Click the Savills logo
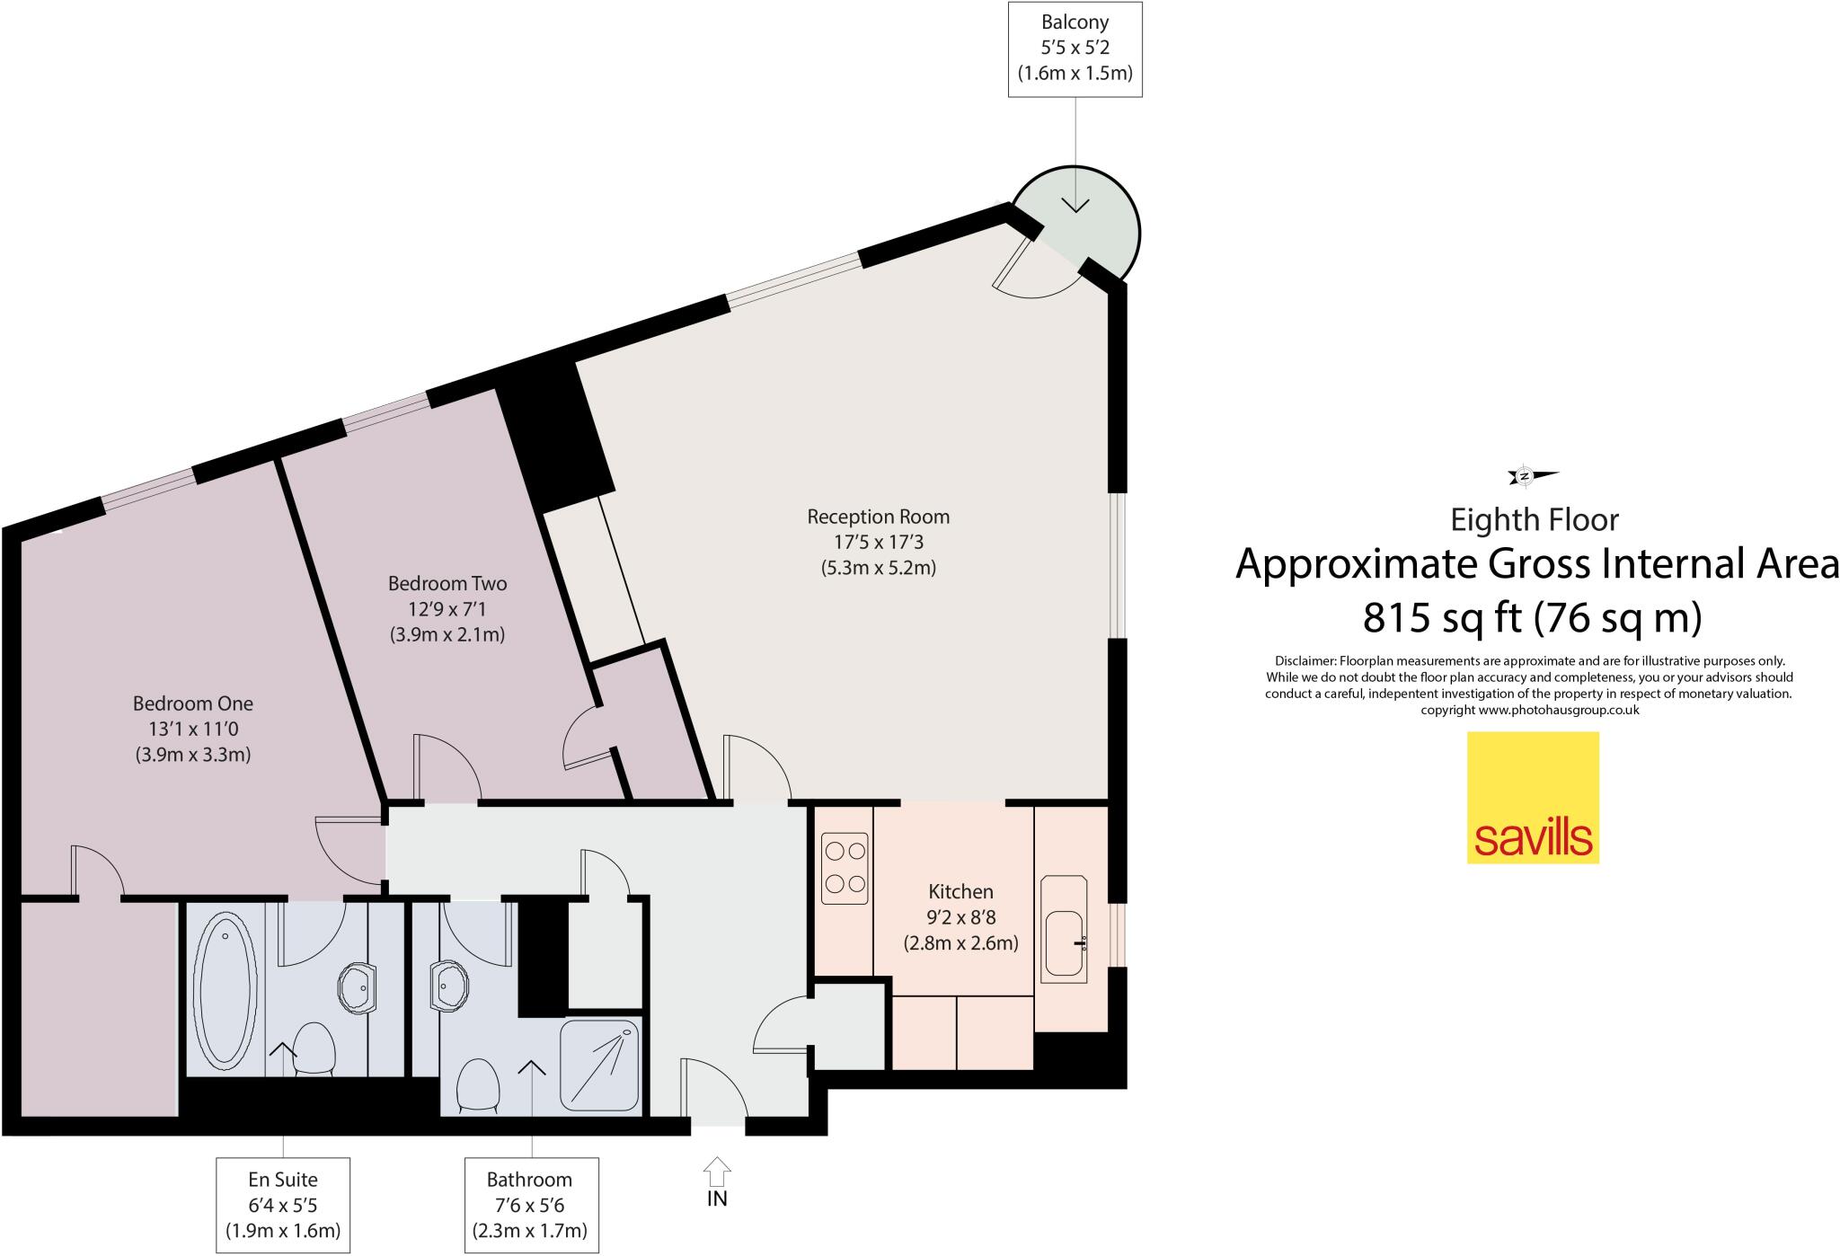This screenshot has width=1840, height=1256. click(1533, 798)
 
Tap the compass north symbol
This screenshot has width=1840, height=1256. click(1526, 475)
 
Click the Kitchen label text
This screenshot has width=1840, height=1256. click(960, 891)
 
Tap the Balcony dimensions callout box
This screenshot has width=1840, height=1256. click(1075, 49)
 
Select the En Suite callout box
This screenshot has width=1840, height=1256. click(283, 1205)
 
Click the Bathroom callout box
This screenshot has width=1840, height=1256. click(530, 1205)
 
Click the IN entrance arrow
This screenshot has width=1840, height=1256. click(717, 1172)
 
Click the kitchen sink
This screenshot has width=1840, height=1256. click(1065, 942)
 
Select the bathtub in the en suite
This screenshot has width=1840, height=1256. click(225, 987)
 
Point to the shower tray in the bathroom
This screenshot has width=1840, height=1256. click(599, 1065)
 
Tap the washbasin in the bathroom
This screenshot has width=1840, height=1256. click(447, 986)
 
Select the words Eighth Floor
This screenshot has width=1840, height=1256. click(1535, 520)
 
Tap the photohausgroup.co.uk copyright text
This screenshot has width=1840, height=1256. click(1529, 710)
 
